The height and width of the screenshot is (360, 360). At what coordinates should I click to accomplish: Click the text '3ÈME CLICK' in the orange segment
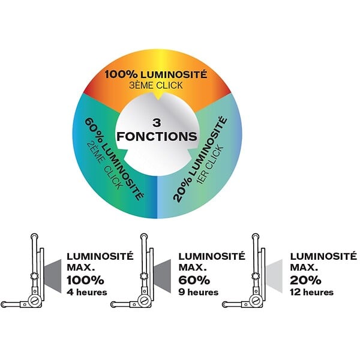coord(156,85)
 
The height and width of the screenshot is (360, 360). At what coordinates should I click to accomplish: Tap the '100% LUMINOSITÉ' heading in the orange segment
coord(156,74)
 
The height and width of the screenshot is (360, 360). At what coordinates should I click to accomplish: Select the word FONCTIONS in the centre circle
coord(157,136)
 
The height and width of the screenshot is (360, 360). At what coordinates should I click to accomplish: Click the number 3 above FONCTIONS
coord(157,123)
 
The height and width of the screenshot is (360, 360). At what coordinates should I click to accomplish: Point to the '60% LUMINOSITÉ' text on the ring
coord(114,159)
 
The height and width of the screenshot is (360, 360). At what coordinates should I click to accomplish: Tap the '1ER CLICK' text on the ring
coord(210,165)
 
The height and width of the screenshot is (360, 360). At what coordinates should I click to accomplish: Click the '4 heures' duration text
coord(87,292)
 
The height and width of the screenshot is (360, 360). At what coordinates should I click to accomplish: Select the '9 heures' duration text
coord(199,292)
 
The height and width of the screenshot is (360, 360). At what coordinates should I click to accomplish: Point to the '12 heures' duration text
coord(311,292)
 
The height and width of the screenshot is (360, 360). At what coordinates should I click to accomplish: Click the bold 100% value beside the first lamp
coord(85,280)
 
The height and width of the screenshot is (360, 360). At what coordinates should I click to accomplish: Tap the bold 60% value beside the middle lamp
coord(194,280)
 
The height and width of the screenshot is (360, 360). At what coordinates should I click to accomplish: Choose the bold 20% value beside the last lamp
coord(305,280)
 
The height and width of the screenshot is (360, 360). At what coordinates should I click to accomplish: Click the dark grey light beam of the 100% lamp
coord(53,276)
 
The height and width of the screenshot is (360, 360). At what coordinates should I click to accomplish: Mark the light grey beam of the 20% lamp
coord(274,276)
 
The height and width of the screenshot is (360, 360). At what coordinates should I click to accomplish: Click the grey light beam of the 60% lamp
coord(163,276)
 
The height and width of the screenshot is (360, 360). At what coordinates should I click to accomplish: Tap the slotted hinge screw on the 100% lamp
coord(34,301)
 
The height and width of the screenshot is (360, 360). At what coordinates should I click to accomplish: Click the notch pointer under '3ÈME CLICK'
coord(157,97)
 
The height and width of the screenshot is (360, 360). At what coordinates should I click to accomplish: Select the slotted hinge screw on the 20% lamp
coord(256,301)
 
